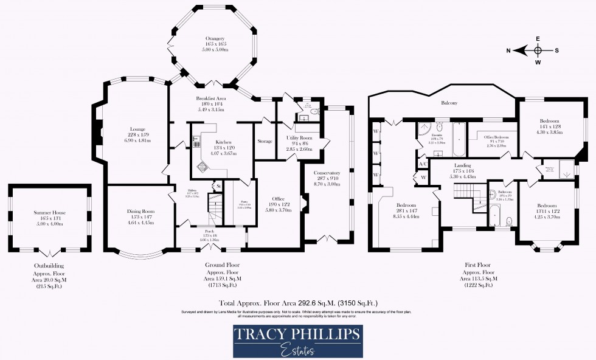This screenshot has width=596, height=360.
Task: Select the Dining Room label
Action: (x=140, y=212)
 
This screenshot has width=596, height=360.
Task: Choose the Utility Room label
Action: (x=299, y=138)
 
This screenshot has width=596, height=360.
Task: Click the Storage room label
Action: (x=265, y=141)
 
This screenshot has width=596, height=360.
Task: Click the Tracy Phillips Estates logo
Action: (x=297, y=341)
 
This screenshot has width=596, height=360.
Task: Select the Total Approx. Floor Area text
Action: (x=298, y=302)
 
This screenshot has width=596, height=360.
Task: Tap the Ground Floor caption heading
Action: (x=220, y=266)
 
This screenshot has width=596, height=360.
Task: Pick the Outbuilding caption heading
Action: (x=49, y=266)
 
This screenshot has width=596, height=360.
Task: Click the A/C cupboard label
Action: (x=423, y=164)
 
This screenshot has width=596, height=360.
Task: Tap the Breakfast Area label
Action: (x=210, y=99)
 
